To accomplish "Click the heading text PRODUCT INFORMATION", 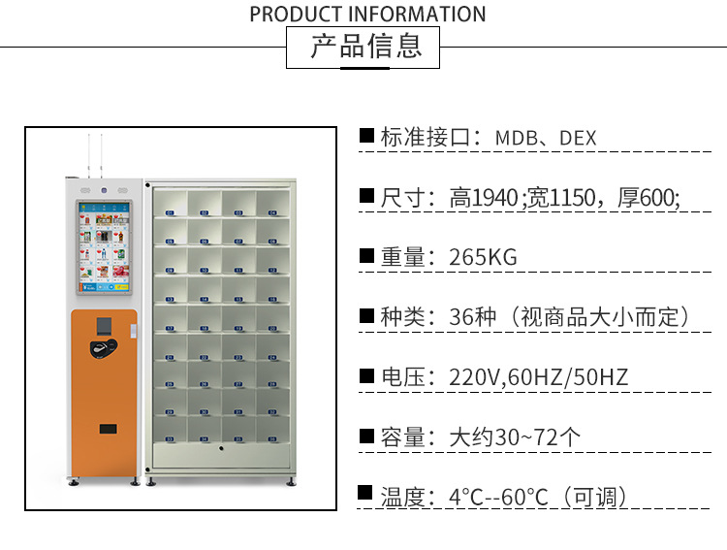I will click(x=367, y=15).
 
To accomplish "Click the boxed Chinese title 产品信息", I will click(x=364, y=47).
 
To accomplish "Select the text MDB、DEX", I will click(x=546, y=138).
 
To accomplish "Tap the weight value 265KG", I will click(x=483, y=257).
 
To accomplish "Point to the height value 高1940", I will click(x=484, y=198).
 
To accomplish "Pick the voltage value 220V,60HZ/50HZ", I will click(x=538, y=377).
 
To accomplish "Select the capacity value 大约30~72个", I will click(x=515, y=437).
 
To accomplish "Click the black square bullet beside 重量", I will click(x=366, y=256).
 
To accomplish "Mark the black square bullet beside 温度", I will click(x=366, y=495).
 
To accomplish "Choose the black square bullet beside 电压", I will click(x=366, y=375).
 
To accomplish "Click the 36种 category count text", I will click(x=472, y=317).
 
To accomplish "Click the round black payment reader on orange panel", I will click(x=99, y=348).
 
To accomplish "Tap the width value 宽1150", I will click(x=564, y=198).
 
